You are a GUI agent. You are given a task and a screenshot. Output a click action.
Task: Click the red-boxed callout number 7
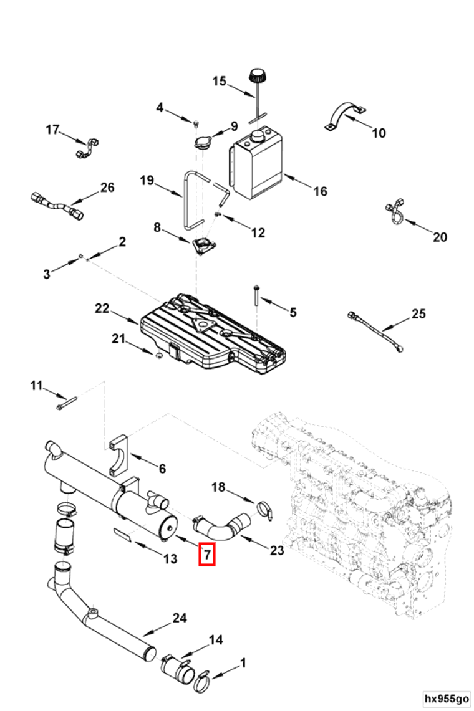[x=206, y=553]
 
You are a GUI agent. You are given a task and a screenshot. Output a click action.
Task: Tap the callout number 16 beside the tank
[x=320, y=191]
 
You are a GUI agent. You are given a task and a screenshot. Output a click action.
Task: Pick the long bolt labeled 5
[x=256, y=295]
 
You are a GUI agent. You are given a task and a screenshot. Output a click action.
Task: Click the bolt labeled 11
[x=66, y=403]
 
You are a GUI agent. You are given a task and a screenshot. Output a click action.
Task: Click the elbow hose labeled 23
[x=221, y=528]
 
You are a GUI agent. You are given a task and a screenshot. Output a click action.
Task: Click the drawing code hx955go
[x=447, y=699]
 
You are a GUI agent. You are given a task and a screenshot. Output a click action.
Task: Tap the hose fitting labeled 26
[x=57, y=206]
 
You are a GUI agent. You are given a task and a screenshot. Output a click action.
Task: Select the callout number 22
[x=102, y=308]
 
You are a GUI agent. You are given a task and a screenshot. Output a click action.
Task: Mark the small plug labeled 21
[x=158, y=355]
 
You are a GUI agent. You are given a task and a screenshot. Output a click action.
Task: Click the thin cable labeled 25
[x=375, y=330]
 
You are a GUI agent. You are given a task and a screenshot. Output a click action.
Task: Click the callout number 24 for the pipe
[x=180, y=618]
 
